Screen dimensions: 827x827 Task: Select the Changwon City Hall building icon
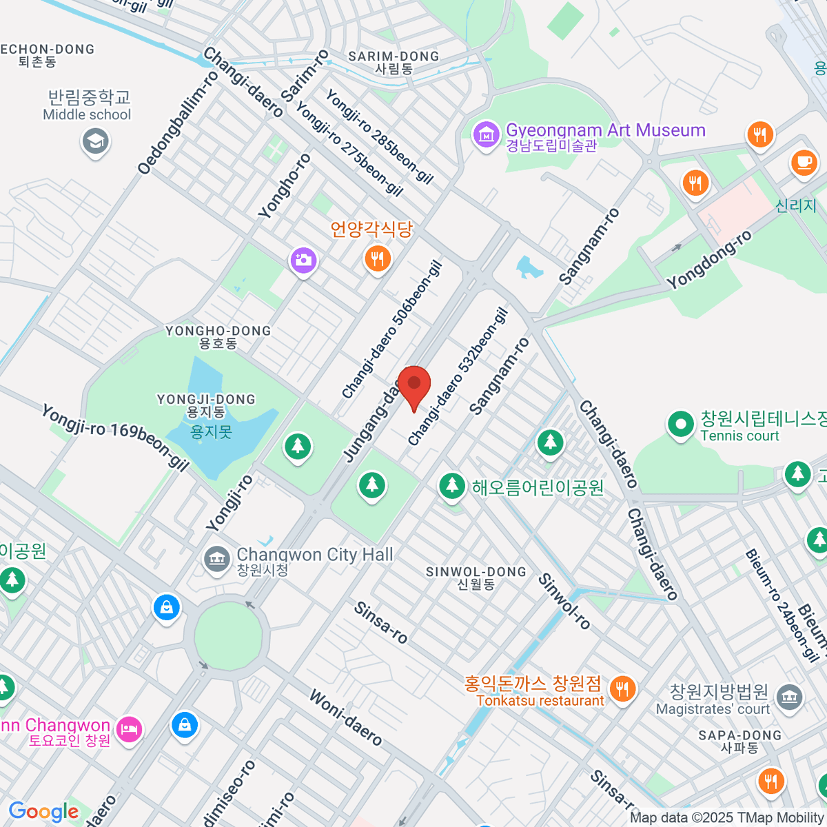point(217,558)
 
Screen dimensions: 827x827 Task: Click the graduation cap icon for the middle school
point(95,142)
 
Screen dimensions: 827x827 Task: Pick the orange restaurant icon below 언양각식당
point(377,259)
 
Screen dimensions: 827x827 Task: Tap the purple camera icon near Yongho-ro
point(303,261)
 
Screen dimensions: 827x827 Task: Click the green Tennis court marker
point(681,425)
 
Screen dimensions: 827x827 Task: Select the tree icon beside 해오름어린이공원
point(452,485)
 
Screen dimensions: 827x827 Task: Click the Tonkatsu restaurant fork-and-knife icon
point(622,688)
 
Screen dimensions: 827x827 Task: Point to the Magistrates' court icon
point(790,697)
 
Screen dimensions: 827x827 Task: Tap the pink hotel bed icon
point(129,728)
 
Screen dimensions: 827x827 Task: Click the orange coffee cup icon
point(803,163)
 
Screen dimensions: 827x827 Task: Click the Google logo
point(43,811)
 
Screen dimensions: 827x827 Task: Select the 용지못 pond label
point(212,432)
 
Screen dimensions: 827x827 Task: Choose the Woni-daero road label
point(345,718)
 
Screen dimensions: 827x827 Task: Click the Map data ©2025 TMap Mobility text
point(727,817)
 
